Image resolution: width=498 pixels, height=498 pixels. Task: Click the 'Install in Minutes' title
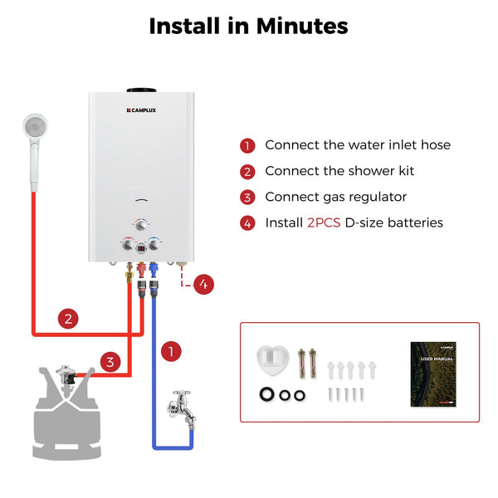[248, 26]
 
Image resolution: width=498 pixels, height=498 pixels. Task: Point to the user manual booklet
[434, 373]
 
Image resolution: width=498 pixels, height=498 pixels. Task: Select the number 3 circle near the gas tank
[110, 362]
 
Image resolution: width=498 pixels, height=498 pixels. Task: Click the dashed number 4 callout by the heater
[204, 284]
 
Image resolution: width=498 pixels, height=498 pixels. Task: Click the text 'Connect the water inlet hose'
[358, 145]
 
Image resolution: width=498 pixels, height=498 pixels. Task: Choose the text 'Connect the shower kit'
[339, 171]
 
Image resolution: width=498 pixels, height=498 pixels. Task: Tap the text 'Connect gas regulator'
[336, 197]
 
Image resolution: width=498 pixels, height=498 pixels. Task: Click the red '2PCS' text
[324, 222]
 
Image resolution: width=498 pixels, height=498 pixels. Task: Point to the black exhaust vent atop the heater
[141, 90]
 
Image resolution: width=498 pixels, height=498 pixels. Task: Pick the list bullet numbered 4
[247, 222]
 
